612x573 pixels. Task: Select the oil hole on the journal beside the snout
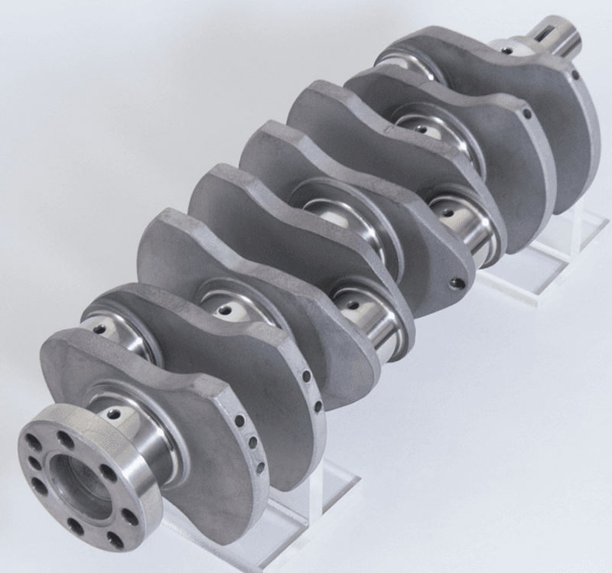pyautogui.click(x=506, y=50)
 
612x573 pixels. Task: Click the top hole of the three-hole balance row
pyautogui.click(x=239, y=420)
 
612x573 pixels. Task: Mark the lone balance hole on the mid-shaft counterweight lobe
pyautogui.click(x=457, y=283)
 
